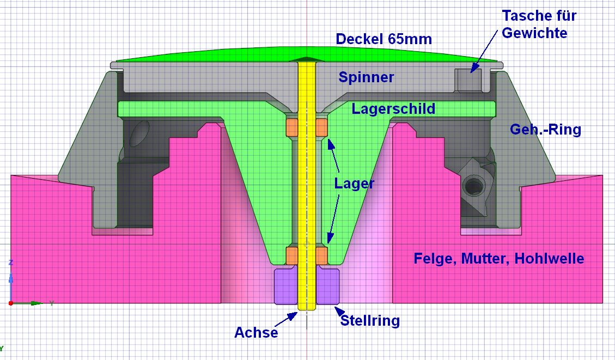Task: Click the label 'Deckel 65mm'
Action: [x=383, y=39]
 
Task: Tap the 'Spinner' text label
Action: [x=366, y=77]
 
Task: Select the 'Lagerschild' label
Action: [x=393, y=109]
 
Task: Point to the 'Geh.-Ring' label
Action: [x=545, y=130]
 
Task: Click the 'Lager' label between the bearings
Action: [x=354, y=184]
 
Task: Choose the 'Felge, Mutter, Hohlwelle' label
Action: [x=498, y=258]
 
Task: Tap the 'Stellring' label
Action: [x=370, y=321]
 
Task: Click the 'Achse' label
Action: [x=256, y=332]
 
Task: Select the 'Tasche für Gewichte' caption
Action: [x=539, y=24]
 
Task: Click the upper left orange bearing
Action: [x=293, y=127]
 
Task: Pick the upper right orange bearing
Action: [x=321, y=127]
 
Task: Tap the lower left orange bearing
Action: [x=293, y=254]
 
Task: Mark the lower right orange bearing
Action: [x=321, y=254]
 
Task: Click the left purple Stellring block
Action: [x=286, y=286]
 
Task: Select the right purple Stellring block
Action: [x=328, y=286]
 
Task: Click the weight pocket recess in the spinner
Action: [x=468, y=81]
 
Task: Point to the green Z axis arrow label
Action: [x=11, y=263]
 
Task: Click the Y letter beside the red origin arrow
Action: [x=51, y=303]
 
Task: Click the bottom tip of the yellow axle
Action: [x=307, y=310]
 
